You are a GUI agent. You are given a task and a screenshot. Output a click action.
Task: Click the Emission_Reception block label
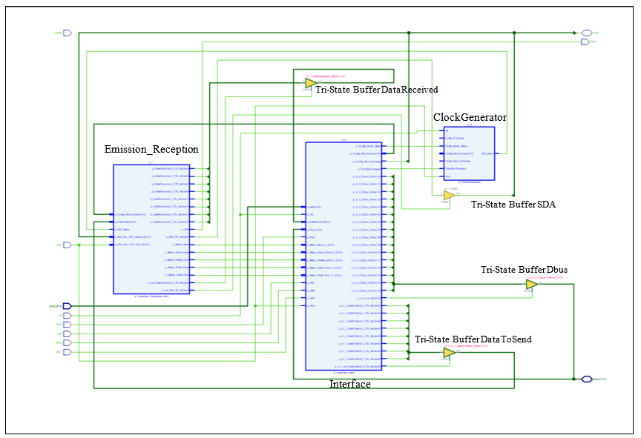151,150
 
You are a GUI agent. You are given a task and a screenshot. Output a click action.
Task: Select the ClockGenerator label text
470,117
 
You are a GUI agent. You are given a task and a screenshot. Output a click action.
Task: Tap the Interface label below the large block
349,384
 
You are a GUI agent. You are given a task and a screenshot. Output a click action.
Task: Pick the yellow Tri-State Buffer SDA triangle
448,196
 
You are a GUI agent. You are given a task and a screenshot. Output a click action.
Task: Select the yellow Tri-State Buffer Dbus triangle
531,284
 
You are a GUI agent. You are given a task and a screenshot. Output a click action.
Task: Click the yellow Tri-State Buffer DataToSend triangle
448,354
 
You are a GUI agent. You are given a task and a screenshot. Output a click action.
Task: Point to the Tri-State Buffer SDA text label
513,205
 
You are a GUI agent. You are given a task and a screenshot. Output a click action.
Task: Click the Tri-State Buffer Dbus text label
524,270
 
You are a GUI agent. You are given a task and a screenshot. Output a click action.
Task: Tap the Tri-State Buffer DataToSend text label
473,339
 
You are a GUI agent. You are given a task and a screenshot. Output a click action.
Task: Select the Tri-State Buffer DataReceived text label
376,90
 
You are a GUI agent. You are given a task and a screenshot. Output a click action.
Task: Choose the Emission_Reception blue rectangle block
152,228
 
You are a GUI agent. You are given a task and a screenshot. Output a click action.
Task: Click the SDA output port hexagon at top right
586,33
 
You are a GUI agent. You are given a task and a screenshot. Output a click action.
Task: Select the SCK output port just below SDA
586,42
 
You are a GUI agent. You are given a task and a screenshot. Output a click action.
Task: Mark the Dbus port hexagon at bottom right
586,379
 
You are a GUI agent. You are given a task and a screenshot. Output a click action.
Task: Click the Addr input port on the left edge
67,305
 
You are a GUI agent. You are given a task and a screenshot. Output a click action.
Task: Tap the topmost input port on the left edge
67,33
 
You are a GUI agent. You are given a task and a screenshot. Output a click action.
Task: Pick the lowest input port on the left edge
67,352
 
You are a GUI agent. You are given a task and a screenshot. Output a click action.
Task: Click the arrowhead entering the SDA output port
574,33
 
